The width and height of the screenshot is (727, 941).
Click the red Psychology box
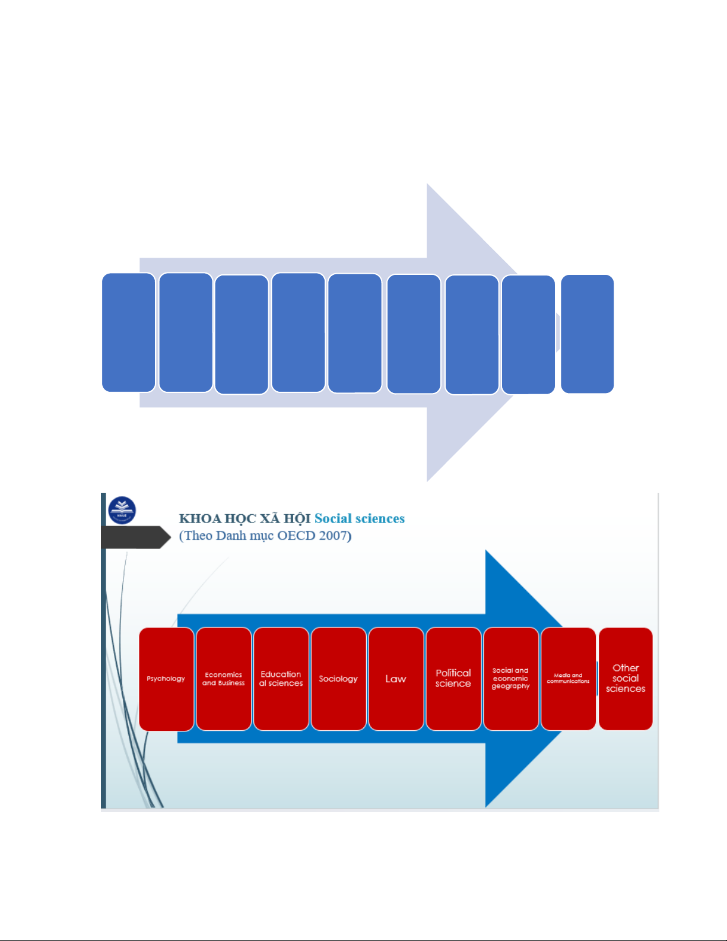(x=166, y=679)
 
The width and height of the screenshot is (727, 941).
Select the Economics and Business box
(x=224, y=679)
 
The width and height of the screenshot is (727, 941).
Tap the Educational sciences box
(x=281, y=679)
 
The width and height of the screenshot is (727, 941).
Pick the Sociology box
(x=338, y=679)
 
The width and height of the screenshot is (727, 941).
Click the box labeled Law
(x=396, y=679)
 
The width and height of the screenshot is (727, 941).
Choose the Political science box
(x=453, y=679)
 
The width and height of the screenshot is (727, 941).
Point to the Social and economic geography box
(x=510, y=679)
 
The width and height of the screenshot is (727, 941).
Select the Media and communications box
(x=568, y=679)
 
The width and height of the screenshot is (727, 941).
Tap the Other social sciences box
(x=626, y=679)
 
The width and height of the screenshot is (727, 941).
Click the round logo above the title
(x=122, y=510)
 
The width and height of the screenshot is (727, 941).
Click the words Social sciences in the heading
(x=360, y=518)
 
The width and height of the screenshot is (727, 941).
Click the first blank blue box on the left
(x=129, y=332)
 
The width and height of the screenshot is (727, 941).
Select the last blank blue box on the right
(x=587, y=334)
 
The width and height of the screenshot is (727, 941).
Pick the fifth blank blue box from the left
(x=355, y=333)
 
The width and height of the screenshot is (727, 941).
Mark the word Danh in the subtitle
(x=230, y=536)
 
